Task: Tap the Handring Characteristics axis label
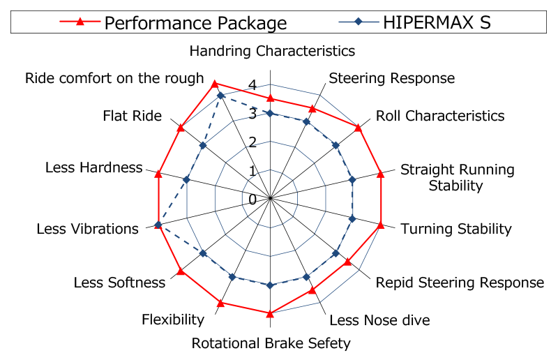pyautogui.click(x=272, y=51)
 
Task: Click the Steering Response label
pyautogui.click(x=391, y=77)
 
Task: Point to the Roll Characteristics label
pyautogui.click(x=440, y=115)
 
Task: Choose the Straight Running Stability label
pyautogui.click(x=457, y=177)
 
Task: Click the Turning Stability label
pyautogui.click(x=456, y=228)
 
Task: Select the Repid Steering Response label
pyautogui.click(x=460, y=282)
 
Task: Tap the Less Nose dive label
pyautogui.click(x=379, y=320)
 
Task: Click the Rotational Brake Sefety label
pyautogui.click(x=271, y=343)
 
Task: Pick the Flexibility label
pyautogui.click(x=173, y=320)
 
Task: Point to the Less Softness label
pyautogui.click(x=119, y=282)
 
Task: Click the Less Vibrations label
pyautogui.click(x=87, y=228)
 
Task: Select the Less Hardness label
pyautogui.click(x=93, y=167)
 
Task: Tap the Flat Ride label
pyautogui.click(x=132, y=115)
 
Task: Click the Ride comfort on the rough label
pyautogui.click(x=114, y=77)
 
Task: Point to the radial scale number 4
pyautogui.click(x=252, y=86)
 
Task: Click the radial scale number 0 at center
pyautogui.click(x=252, y=200)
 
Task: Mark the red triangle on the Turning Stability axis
pyautogui.click(x=381, y=225)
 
